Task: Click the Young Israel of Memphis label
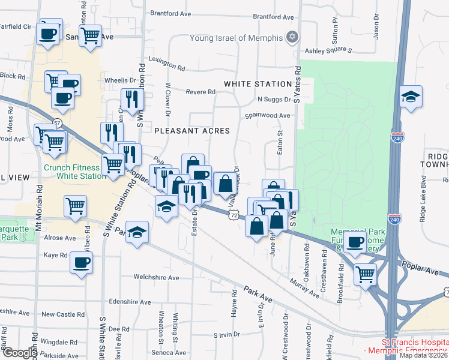coord(236,38)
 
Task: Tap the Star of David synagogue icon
coord(292,37)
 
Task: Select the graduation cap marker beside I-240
coord(411,97)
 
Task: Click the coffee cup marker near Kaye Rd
coord(81,262)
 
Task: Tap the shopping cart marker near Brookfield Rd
coord(365,274)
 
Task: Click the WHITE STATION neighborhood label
coord(257,83)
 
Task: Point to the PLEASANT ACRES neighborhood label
coord(184,130)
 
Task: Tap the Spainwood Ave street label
coord(267,115)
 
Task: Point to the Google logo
coord(19,353)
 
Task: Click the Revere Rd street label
coord(200,92)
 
